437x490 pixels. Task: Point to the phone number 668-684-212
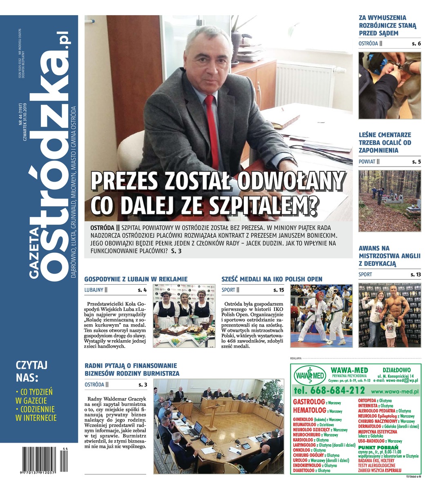coord(329,390)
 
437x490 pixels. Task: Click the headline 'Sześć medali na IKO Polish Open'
coord(272,279)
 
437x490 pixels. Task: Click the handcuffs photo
coord(390,86)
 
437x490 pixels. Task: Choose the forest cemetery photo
coord(390,201)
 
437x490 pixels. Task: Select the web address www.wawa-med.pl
coord(395,391)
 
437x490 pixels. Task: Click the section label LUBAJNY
coord(94,290)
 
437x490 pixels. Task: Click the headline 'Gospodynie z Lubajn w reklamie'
coord(136,279)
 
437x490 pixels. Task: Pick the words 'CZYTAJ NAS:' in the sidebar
coord(32,370)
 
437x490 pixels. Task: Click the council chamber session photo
coord(218,426)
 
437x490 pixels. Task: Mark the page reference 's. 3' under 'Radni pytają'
coord(143,385)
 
